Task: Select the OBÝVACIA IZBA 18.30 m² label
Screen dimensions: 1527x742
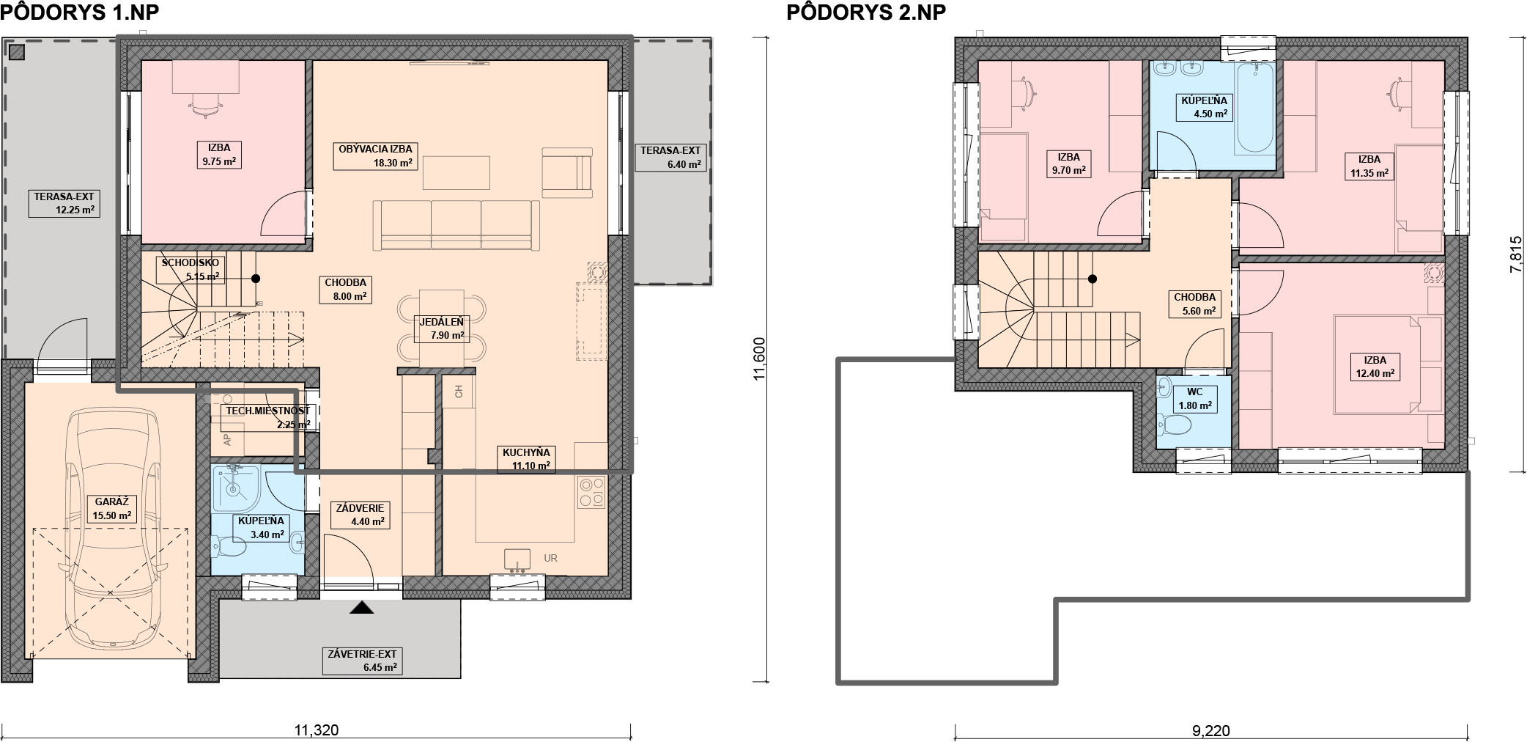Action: tap(375, 156)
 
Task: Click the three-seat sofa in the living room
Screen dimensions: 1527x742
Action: tap(456, 226)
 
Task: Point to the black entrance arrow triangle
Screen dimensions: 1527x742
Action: tap(361, 608)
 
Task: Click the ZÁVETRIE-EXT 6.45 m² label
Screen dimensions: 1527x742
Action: tap(362, 661)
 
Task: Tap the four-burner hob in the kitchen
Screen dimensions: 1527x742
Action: tap(591, 493)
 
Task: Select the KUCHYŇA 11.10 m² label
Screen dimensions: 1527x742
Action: tap(525, 459)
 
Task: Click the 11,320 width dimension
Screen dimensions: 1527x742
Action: tap(317, 730)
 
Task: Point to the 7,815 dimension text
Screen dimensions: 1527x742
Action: tap(1516, 255)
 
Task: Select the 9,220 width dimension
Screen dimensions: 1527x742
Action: tap(1211, 730)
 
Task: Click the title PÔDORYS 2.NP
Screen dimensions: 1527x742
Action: tap(865, 12)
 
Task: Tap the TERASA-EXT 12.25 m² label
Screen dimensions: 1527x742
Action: tap(64, 203)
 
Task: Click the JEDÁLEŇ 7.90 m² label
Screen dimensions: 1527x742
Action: tap(441, 328)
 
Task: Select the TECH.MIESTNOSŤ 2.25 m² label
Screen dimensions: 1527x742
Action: tap(267, 417)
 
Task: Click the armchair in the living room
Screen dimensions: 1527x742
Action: tap(567, 172)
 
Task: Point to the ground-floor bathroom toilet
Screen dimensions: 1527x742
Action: tap(229, 547)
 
